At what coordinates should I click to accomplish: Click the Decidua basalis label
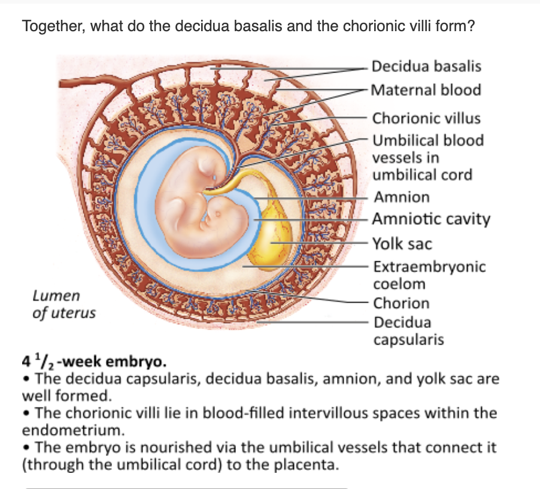pyautogui.click(x=426, y=66)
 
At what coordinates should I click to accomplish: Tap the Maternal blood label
pyautogui.click(x=426, y=90)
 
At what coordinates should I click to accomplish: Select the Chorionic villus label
pyautogui.click(x=426, y=117)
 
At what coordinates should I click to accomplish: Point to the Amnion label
pyautogui.click(x=401, y=197)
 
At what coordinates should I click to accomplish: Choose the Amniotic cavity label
pyautogui.click(x=431, y=219)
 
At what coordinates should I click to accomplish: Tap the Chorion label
pyautogui.click(x=401, y=303)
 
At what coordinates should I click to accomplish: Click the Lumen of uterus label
pyautogui.click(x=63, y=304)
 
